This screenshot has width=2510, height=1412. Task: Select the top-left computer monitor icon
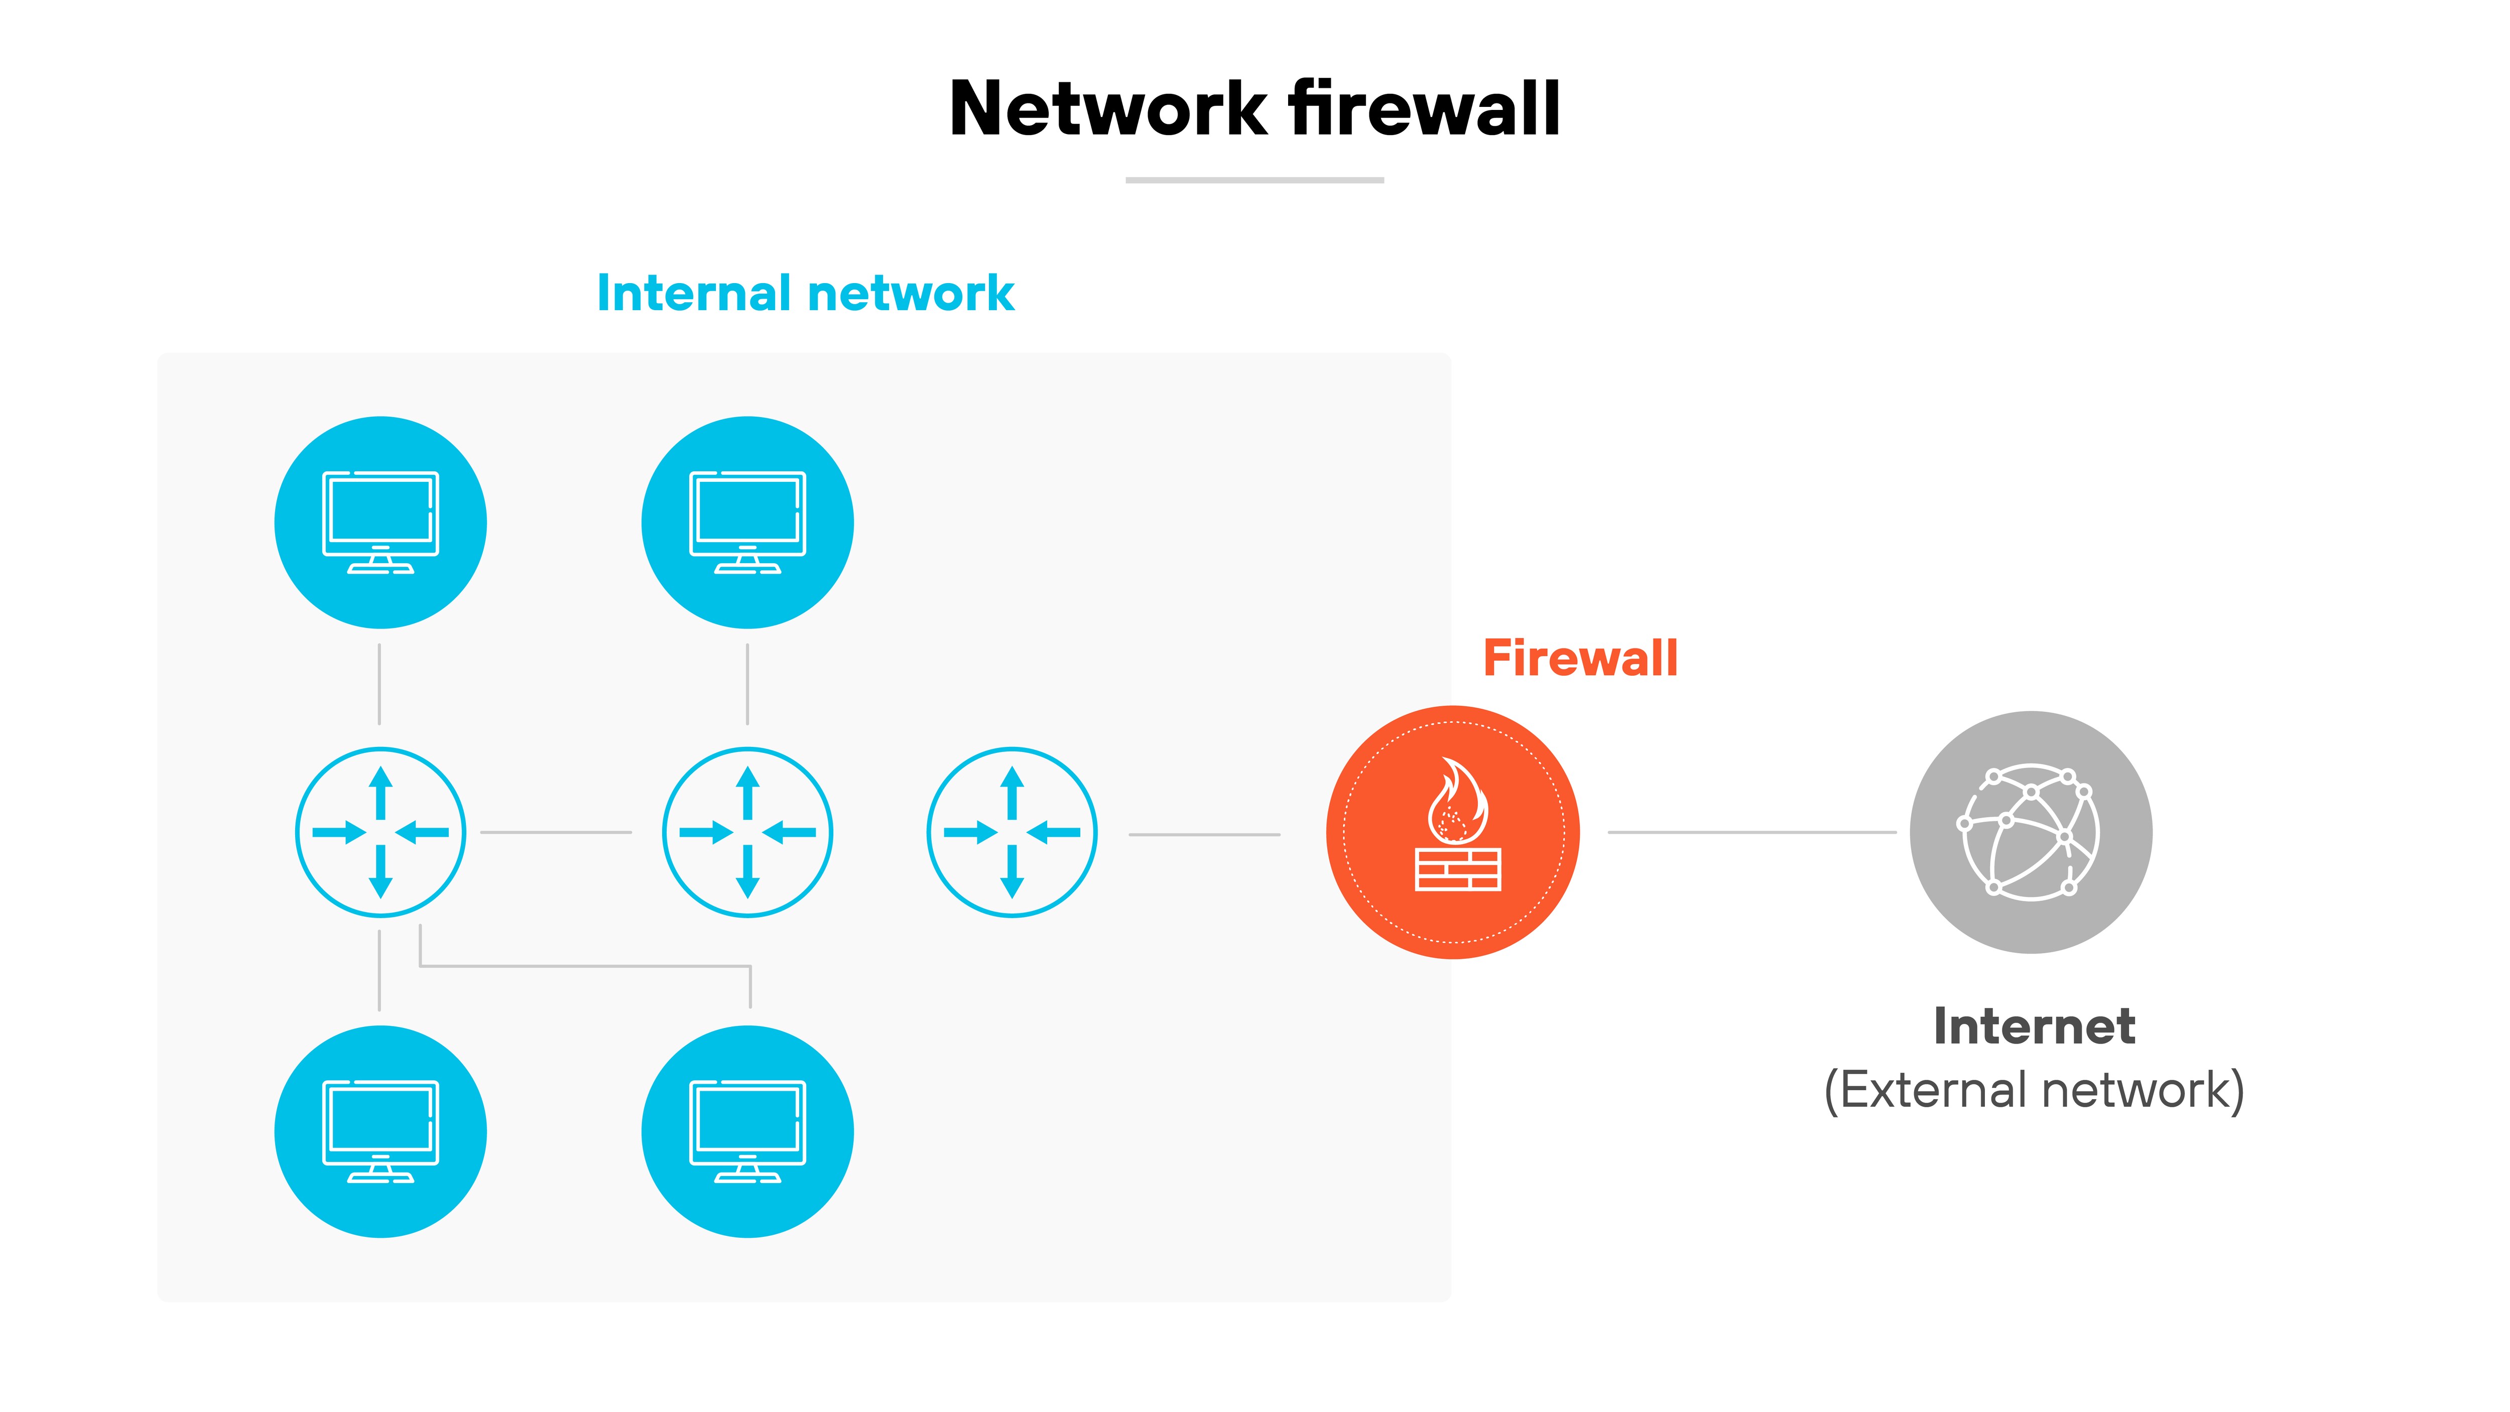[x=380, y=523]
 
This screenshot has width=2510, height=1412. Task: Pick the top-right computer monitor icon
[x=747, y=523]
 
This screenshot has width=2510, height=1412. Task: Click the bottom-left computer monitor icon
[x=380, y=1131]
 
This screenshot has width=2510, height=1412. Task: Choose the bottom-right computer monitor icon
[x=747, y=1131]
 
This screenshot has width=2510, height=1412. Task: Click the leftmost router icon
[x=380, y=832]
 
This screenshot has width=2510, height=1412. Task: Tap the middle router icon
[x=747, y=832]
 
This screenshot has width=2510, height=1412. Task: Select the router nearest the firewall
[x=1012, y=832]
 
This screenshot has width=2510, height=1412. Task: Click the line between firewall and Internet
[x=1751, y=832]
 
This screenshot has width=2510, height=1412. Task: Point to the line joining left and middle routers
[x=555, y=832]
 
